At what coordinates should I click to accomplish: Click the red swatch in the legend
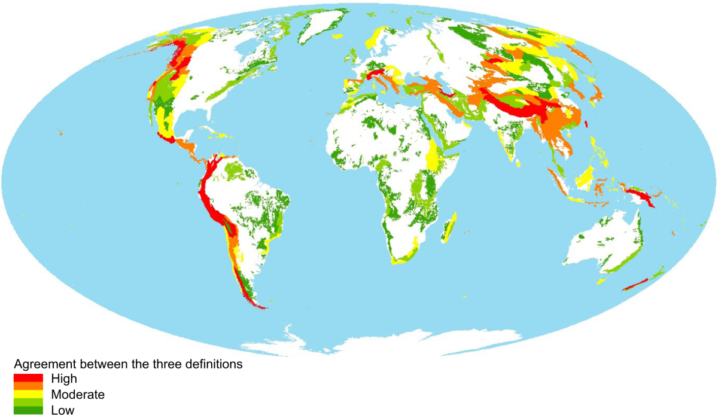point(29,378)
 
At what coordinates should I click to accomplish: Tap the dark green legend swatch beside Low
point(29,410)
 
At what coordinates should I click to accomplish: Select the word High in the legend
point(64,379)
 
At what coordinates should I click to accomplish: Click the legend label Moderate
point(78,395)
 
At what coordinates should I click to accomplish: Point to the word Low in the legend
point(63,410)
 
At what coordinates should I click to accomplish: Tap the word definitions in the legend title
point(213,364)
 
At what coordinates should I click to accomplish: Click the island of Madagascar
point(451,227)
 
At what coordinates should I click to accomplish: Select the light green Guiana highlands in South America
point(239,173)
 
